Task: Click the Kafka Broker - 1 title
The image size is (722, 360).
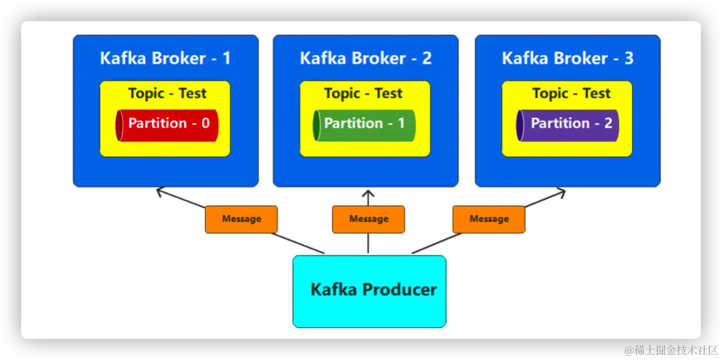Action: click(165, 58)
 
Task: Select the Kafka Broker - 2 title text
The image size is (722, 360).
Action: click(366, 58)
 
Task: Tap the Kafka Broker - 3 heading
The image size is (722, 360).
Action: click(568, 58)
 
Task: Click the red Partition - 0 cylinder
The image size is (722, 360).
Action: click(167, 125)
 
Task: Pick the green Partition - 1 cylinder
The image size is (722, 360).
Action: click(365, 125)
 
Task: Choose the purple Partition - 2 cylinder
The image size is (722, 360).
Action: click(567, 125)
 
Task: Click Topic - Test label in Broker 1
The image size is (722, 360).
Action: click(167, 94)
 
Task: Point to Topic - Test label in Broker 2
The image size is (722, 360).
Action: click(363, 94)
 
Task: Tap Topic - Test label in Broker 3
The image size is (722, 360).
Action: click(571, 94)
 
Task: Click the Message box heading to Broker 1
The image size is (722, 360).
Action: click(241, 219)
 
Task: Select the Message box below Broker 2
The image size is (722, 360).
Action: click(369, 219)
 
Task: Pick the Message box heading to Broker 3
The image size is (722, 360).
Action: click(489, 219)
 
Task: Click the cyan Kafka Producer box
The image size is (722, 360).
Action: click(369, 291)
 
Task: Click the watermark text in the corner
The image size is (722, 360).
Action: click(672, 350)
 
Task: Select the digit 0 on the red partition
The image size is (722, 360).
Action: click(206, 123)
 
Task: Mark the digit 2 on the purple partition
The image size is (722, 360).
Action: click(608, 123)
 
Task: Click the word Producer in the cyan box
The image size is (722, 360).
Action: click(400, 290)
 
